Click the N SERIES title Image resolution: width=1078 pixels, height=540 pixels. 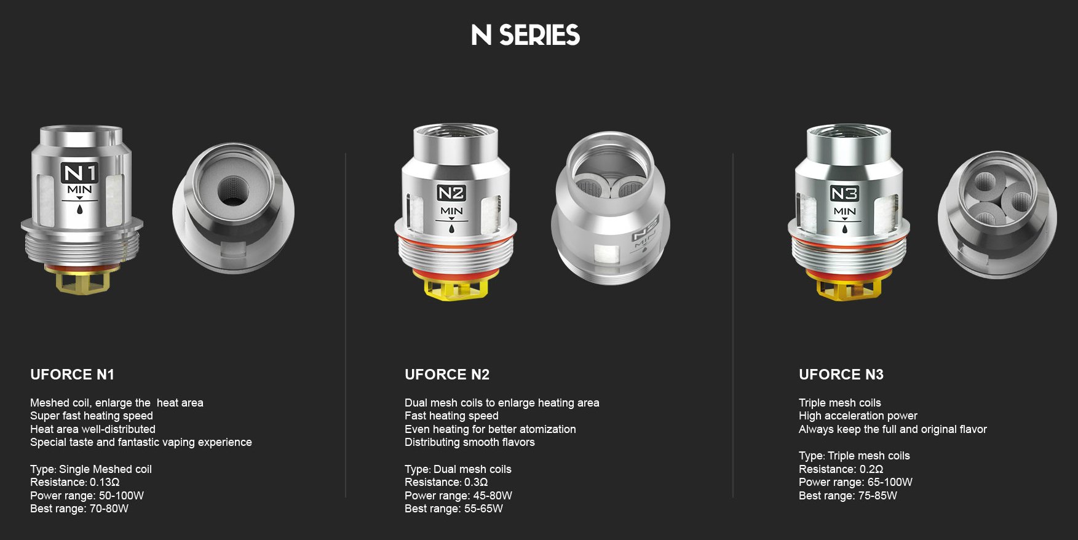[x=526, y=35]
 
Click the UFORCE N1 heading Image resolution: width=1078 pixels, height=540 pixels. [x=72, y=375]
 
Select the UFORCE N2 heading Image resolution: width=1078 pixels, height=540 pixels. [x=447, y=375]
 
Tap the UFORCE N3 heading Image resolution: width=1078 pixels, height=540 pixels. [x=841, y=375]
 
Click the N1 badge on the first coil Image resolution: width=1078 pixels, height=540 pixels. [x=80, y=173]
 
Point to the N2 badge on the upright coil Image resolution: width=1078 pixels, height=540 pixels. [x=451, y=193]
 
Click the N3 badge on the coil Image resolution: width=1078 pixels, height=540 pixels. [x=844, y=193]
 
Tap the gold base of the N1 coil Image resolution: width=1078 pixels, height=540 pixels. [x=82, y=280]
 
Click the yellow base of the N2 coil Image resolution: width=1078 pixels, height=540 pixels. [x=458, y=287]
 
